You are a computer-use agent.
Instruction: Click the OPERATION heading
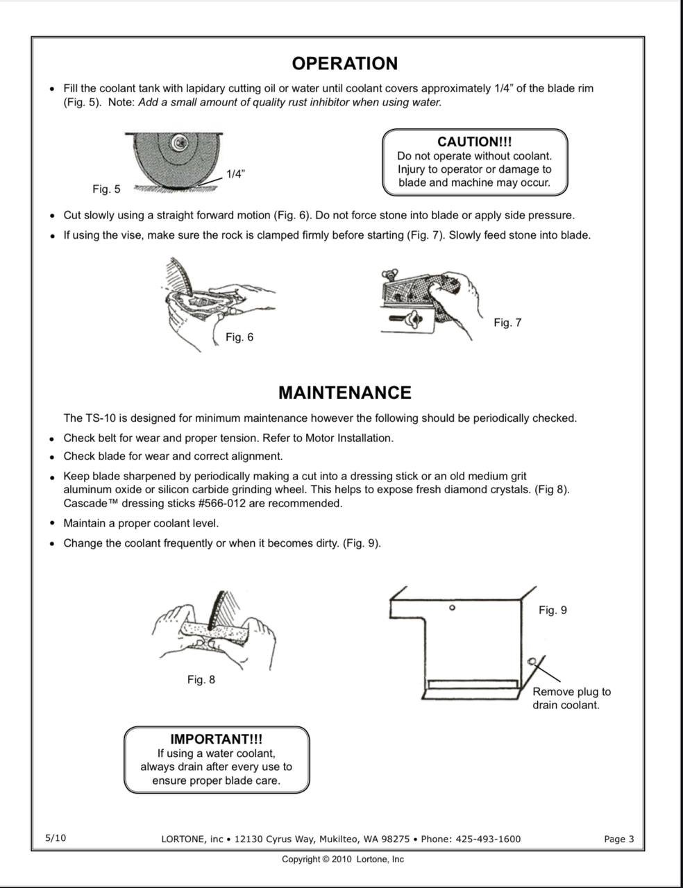[x=344, y=63]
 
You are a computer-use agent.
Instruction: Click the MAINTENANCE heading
[x=344, y=393]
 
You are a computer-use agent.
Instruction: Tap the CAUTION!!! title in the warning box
[x=475, y=142]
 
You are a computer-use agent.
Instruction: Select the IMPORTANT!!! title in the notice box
[x=217, y=740]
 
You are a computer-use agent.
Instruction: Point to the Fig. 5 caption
[x=106, y=189]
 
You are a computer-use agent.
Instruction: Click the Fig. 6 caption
[x=239, y=337]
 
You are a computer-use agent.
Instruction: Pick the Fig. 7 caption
[x=507, y=323]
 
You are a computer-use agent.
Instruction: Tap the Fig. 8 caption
[x=201, y=680]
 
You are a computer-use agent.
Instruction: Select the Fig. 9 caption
[x=553, y=610]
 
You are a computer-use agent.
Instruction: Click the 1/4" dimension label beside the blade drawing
[x=235, y=174]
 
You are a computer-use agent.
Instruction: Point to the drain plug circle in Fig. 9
[x=531, y=661]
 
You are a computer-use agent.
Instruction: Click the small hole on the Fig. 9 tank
[x=453, y=608]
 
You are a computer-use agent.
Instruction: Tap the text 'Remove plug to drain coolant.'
[x=571, y=699]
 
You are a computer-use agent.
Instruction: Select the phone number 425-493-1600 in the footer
[x=488, y=839]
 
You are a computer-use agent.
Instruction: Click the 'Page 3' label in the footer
[x=618, y=839]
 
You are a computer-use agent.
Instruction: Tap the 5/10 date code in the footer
[x=56, y=838]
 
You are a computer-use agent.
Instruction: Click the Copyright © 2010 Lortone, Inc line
[x=342, y=860]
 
